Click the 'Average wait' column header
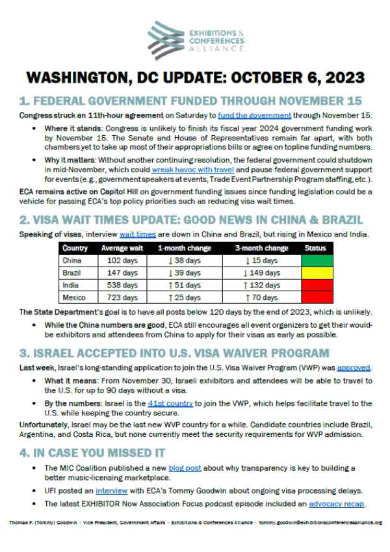120,248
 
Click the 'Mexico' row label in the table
73,298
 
